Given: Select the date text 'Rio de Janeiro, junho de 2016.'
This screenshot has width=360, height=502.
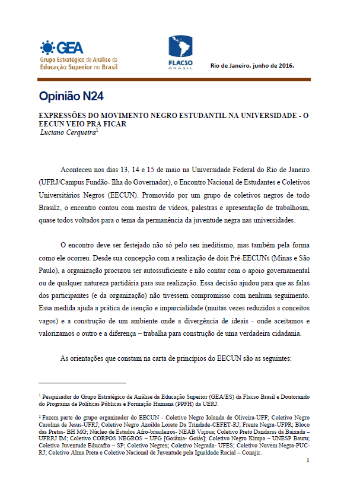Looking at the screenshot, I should coord(252,65).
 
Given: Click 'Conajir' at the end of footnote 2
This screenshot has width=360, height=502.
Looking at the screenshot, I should coord(297,453).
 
